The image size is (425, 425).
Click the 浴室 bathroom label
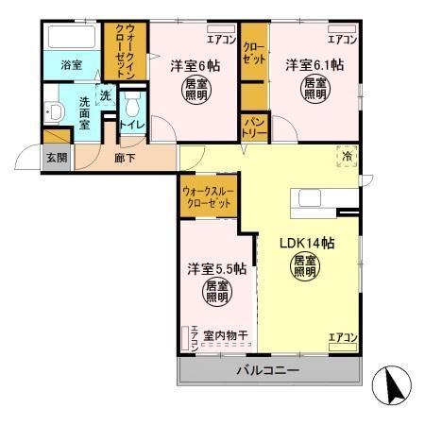73,66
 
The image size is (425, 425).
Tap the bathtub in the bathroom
72,41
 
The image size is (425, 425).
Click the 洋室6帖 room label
195,67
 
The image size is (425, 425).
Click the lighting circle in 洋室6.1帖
315,90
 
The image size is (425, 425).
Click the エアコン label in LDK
341,337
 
